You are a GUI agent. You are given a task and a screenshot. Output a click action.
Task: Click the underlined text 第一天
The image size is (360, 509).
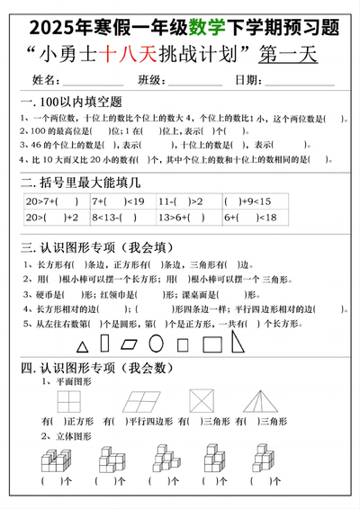pos(288,55)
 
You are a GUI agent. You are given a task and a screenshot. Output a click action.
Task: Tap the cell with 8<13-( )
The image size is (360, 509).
pos(121,218)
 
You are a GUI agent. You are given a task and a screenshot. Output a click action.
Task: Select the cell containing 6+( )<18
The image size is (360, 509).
pos(252,218)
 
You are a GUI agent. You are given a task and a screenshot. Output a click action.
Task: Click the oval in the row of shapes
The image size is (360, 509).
pos(157,343)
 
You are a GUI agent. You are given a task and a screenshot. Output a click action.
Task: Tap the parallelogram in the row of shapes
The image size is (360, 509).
pos(132,344)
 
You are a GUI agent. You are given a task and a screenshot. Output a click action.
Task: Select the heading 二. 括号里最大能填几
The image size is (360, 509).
pos(76,182)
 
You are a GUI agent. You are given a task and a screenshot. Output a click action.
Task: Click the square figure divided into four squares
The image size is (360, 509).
pos(67,402)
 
